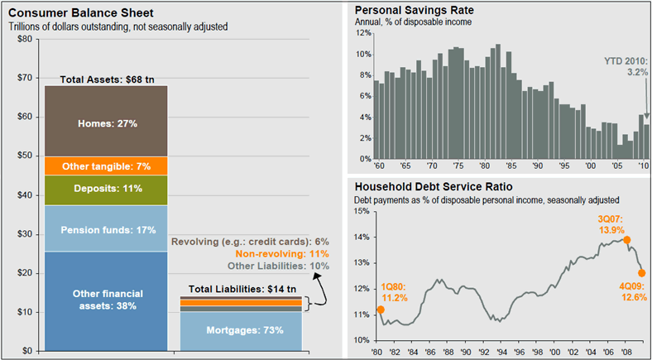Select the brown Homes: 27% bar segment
pos(106,122)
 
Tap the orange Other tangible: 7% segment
pos(106,166)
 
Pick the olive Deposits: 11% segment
pos(106,189)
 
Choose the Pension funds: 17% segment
pos(106,228)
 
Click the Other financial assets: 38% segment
pos(106,300)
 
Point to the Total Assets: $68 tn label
pos(106,79)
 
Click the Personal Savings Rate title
pos(408,10)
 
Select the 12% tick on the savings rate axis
pos(362,33)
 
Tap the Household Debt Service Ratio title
pos(432,187)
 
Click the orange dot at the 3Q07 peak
pos(627,240)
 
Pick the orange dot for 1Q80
pos(380,310)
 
